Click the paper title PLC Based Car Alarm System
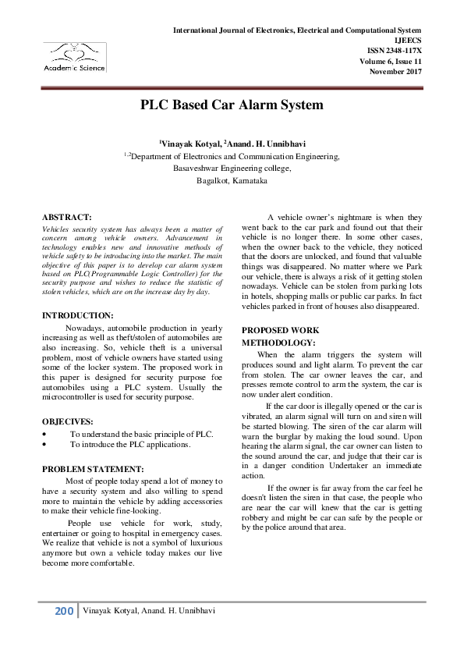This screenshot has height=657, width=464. (232, 105)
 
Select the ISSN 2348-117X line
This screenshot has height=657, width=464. (402, 50)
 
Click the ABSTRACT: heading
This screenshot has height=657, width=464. (67, 216)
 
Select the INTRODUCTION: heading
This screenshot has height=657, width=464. (78, 315)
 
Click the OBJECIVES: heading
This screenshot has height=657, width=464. (68, 421)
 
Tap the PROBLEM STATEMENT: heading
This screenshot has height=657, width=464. (93, 469)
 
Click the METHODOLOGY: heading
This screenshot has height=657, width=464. (278, 343)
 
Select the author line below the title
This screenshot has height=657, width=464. (232, 144)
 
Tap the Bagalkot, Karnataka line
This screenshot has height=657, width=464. (232, 180)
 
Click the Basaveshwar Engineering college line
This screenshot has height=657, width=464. (232, 169)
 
